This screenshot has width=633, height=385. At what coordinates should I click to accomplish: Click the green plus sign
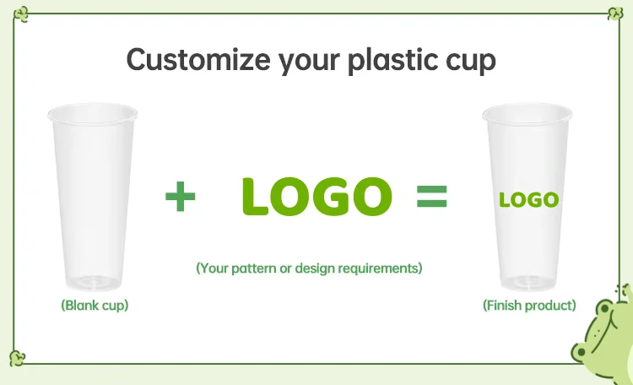(x=180, y=198)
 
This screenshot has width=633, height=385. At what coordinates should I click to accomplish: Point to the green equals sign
(x=431, y=198)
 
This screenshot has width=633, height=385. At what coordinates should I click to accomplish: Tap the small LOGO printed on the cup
(x=528, y=200)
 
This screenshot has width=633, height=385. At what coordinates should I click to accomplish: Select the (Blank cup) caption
(x=95, y=305)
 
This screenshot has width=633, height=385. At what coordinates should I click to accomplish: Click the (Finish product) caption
(x=529, y=305)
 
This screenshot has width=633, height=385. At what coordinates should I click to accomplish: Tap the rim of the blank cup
(x=93, y=111)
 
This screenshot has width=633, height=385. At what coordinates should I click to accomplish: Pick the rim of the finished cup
(x=527, y=111)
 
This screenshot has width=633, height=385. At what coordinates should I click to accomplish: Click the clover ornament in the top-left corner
(x=23, y=14)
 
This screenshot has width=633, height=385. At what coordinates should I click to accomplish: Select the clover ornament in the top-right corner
(x=614, y=13)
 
